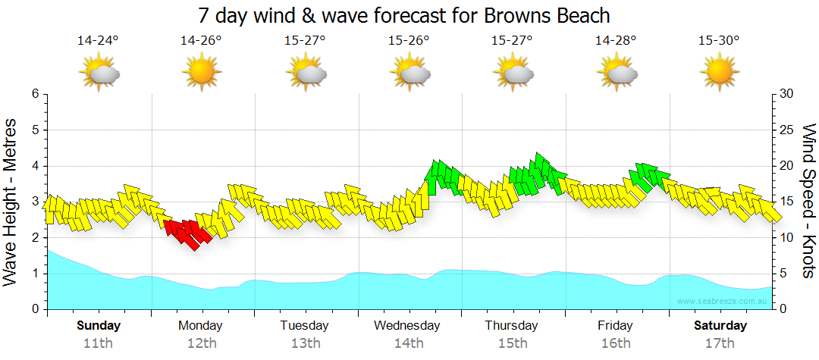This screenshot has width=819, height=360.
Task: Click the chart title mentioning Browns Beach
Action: pyautogui.click(x=403, y=15)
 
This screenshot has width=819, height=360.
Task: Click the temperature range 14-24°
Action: pyautogui.click(x=98, y=41)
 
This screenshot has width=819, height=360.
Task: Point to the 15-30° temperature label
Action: pyautogui.click(x=719, y=41)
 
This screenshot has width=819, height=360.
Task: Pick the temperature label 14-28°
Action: pyautogui.click(x=615, y=41)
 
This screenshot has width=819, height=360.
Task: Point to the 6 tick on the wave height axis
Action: pyautogui.click(x=34, y=94)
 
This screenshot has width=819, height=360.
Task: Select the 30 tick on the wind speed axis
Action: pyautogui.click(x=787, y=94)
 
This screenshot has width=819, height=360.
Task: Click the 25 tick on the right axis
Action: pyautogui.click(x=787, y=130)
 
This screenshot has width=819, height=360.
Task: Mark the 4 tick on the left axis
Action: pyautogui.click(x=34, y=166)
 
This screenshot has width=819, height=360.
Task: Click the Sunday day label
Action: pyautogui.click(x=99, y=326)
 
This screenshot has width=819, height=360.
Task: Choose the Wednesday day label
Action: pyautogui.click(x=408, y=326)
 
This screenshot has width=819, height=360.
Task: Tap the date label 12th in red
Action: pyautogui.click(x=201, y=343)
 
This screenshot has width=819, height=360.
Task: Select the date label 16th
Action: pyautogui.click(x=615, y=343)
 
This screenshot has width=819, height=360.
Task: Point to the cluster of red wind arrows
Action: pyautogui.click(x=186, y=233)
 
